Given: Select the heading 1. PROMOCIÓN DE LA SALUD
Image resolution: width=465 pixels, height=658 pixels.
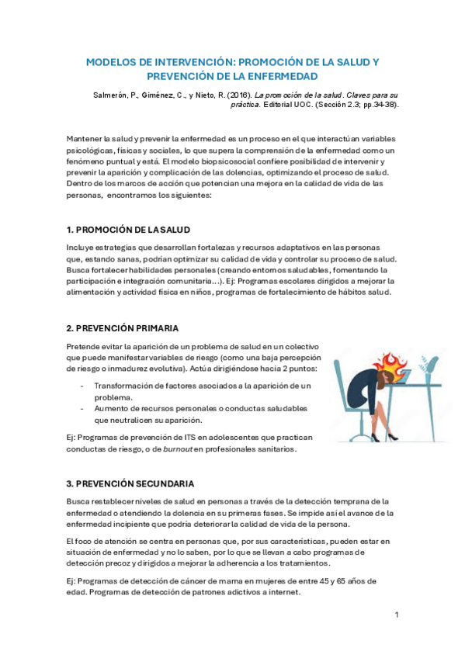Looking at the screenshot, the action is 128,230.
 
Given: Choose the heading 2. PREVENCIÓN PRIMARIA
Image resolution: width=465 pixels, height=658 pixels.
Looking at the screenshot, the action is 122,328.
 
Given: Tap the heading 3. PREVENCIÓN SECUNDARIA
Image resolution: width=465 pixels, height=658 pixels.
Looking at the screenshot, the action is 130,483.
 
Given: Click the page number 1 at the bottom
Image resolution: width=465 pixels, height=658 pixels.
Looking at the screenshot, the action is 397,615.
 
